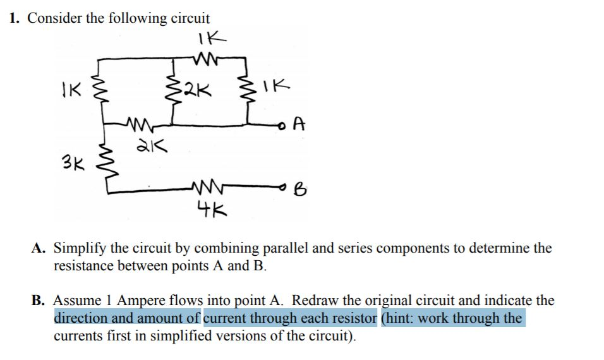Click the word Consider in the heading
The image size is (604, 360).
54,18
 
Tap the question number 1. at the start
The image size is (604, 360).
16,18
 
